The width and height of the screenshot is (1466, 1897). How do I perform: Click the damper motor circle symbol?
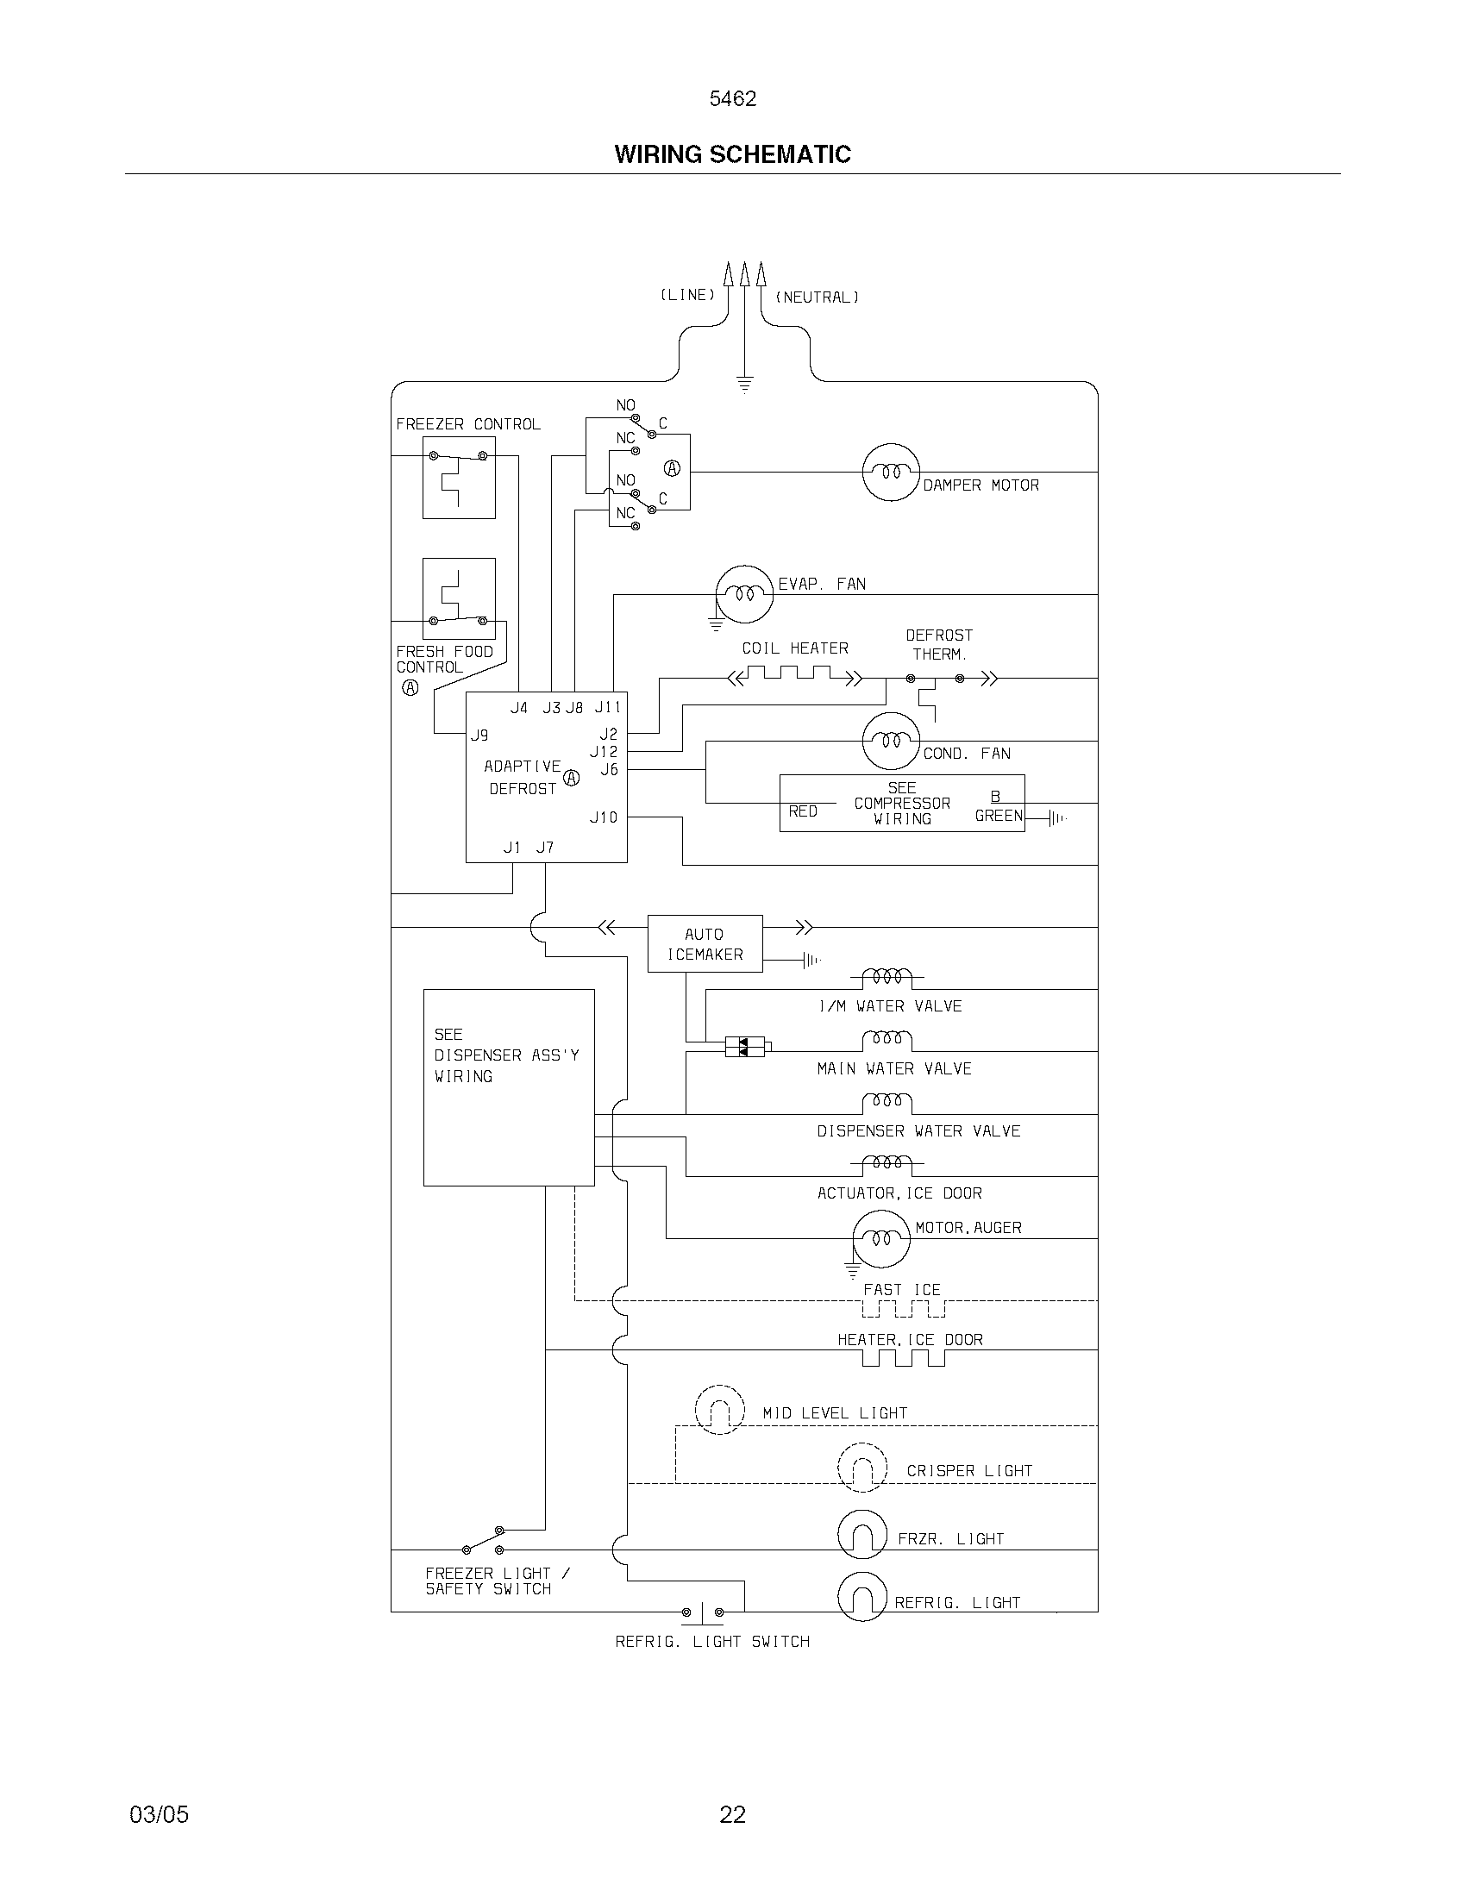click(x=890, y=472)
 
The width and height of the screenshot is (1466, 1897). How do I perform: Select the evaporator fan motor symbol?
click(x=743, y=594)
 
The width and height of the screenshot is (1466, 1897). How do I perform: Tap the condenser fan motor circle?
click(x=890, y=740)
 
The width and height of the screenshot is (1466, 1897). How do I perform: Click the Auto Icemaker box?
click(x=705, y=943)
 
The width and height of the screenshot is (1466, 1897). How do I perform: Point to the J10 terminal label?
click(x=604, y=817)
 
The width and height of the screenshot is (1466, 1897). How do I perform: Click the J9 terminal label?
click(x=479, y=735)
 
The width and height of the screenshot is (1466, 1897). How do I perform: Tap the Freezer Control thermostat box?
click(x=459, y=477)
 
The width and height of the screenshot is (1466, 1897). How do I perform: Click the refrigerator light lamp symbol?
click(x=861, y=1595)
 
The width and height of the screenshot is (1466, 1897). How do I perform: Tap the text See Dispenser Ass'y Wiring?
click(x=506, y=1055)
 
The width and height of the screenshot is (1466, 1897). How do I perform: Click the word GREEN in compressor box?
click(x=999, y=816)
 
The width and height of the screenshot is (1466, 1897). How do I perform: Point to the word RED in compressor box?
click(x=803, y=811)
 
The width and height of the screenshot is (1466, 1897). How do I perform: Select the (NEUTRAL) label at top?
click(x=817, y=297)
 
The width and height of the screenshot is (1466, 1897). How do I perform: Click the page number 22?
click(x=732, y=1814)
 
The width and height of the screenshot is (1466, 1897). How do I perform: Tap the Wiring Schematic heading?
click(x=732, y=154)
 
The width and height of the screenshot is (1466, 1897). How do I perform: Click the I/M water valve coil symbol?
click(x=886, y=977)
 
